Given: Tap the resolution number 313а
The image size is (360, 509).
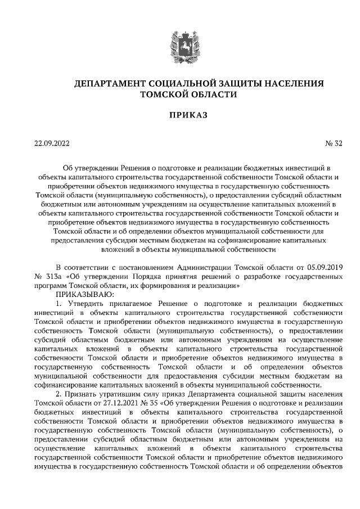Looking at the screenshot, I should (x=55, y=276).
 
